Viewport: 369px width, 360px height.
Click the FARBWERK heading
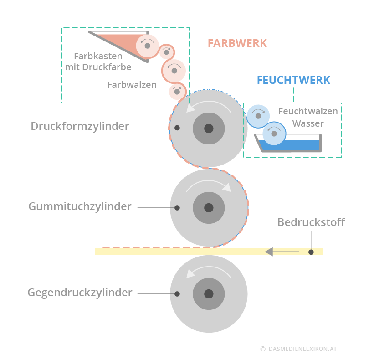[237, 43]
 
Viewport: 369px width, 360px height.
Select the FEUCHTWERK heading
[293, 80]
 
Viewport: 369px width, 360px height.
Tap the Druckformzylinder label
[80, 126]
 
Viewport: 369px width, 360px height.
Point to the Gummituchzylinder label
[80, 206]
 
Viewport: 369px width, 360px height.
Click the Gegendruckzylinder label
[80, 293]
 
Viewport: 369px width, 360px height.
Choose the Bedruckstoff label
[311, 222]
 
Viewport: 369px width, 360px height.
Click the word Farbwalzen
[132, 85]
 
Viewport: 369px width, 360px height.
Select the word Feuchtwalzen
[308, 111]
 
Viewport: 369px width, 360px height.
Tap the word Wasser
[308, 123]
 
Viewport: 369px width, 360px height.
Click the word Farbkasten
[98, 56]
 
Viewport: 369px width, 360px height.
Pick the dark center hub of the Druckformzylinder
[209, 129]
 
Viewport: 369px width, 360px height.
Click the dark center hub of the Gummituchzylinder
[209, 208]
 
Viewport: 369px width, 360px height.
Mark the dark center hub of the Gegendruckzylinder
[209, 294]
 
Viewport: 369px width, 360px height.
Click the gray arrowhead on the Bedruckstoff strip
[269, 252]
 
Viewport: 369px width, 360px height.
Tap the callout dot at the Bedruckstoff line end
[311, 252]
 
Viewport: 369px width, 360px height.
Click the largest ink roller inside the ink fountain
[148, 46]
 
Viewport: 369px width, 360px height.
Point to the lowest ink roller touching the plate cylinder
[177, 92]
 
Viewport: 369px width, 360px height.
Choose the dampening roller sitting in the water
[274, 134]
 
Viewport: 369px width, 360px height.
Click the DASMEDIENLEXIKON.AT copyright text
[298, 349]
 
